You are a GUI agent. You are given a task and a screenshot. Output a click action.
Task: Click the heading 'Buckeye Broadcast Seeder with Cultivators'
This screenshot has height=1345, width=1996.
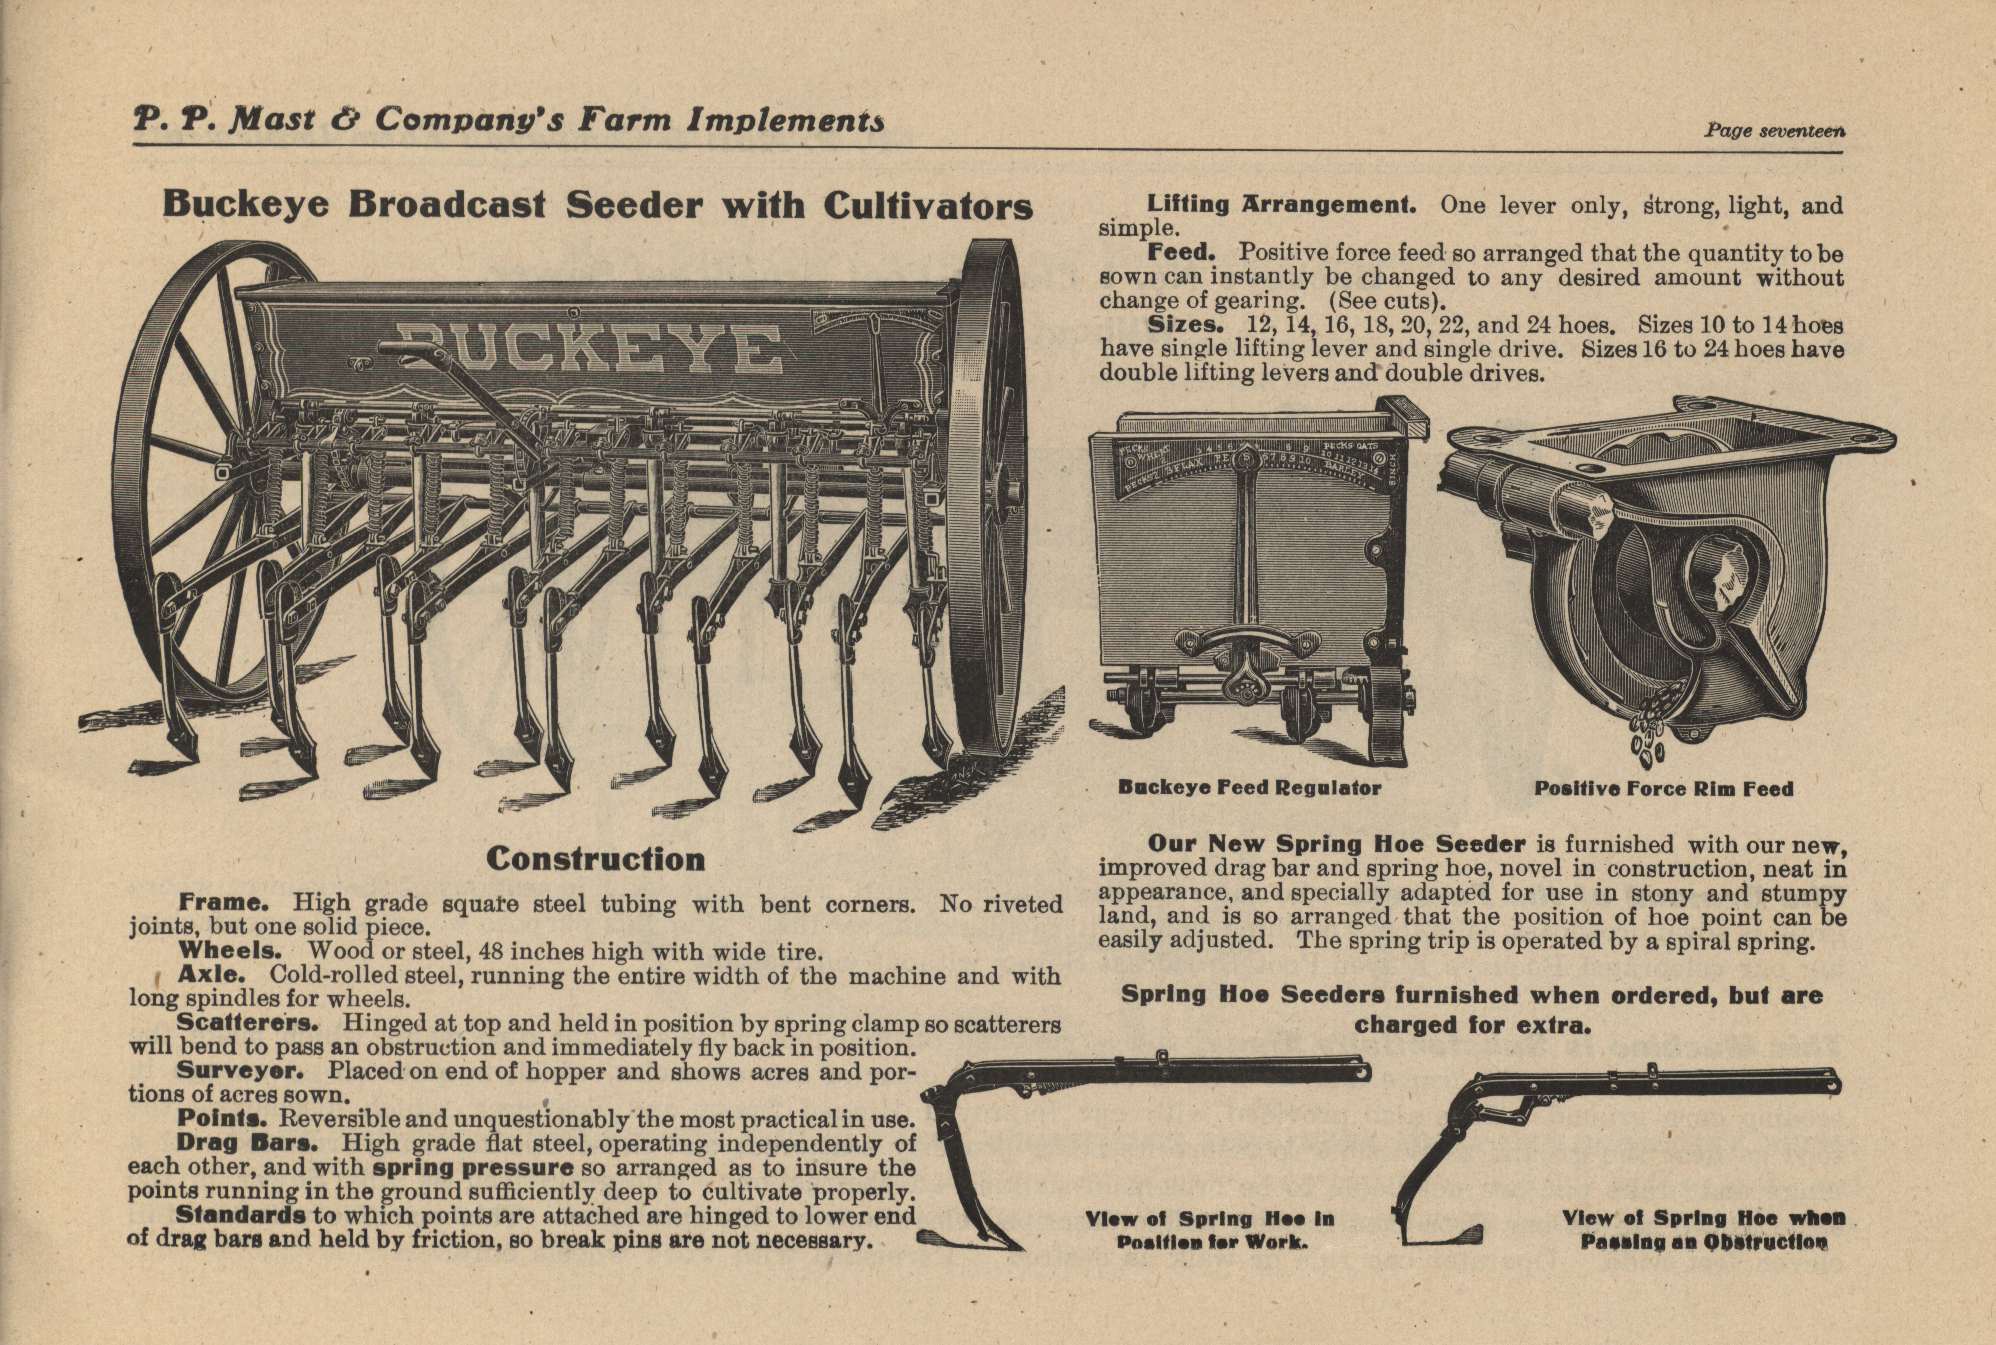coord(597,206)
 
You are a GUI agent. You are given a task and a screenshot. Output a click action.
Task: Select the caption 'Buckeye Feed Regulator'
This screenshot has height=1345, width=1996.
coord(1249,787)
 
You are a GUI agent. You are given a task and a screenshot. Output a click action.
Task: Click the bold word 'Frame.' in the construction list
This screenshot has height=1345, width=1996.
coord(224,902)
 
